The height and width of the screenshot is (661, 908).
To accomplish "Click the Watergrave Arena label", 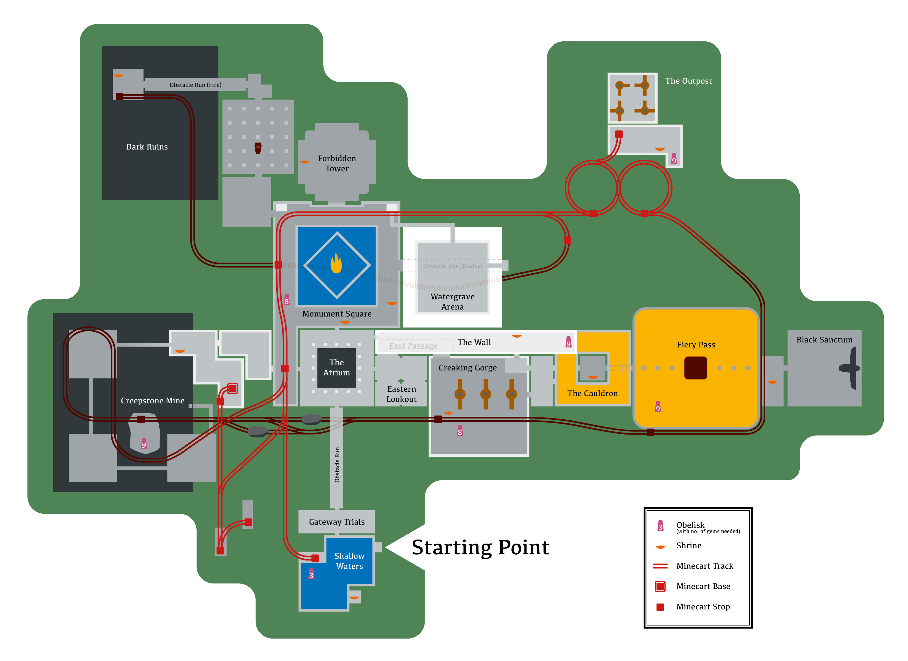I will (x=453, y=302).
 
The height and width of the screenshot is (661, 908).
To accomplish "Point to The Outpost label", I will (x=688, y=81).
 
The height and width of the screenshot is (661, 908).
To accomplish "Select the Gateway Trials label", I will (x=337, y=522).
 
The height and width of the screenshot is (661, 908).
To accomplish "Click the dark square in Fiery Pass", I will (x=695, y=368).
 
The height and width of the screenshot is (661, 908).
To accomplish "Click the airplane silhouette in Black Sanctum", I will (x=850, y=368).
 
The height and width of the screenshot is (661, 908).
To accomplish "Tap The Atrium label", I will (x=336, y=367).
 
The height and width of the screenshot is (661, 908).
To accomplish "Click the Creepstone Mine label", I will (x=153, y=401).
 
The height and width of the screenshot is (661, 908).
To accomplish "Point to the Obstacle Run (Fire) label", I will (x=195, y=85).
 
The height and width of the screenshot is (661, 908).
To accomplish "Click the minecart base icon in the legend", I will (x=660, y=586).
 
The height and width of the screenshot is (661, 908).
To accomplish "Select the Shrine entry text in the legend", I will (x=689, y=546).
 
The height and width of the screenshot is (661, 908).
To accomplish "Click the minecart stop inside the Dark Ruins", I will (x=119, y=96).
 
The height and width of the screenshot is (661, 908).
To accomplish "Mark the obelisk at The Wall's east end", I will (x=568, y=342).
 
